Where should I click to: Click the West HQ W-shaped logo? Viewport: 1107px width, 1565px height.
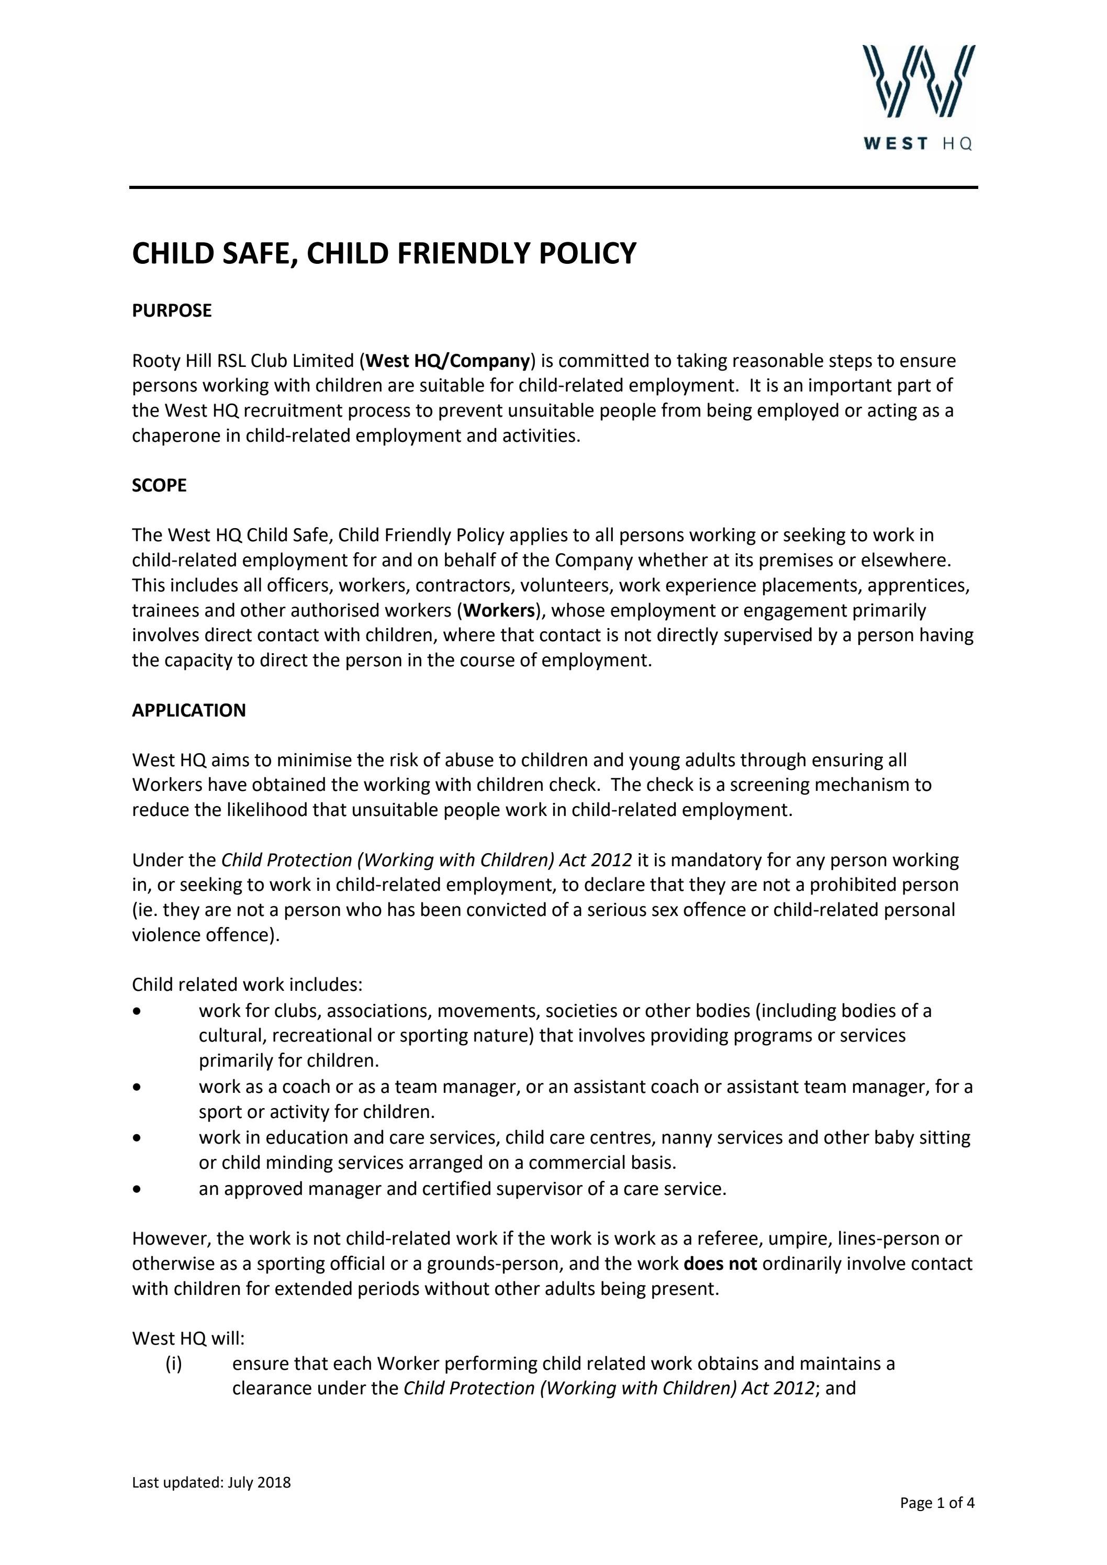tap(918, 81)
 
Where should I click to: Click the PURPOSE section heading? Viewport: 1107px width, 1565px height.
tap(172, 311)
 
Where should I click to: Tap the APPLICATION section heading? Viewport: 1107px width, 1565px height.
tap(189, 710)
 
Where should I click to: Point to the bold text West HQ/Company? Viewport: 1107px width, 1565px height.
tap(448, 361)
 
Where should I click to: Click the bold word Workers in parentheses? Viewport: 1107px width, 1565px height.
tap(498, 610)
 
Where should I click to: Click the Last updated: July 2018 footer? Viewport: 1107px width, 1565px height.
tap(211, 1482)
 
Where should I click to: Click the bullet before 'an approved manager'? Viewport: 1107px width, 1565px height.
tap(138, 1189)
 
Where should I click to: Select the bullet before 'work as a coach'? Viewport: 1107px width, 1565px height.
tap(138, 1087)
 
